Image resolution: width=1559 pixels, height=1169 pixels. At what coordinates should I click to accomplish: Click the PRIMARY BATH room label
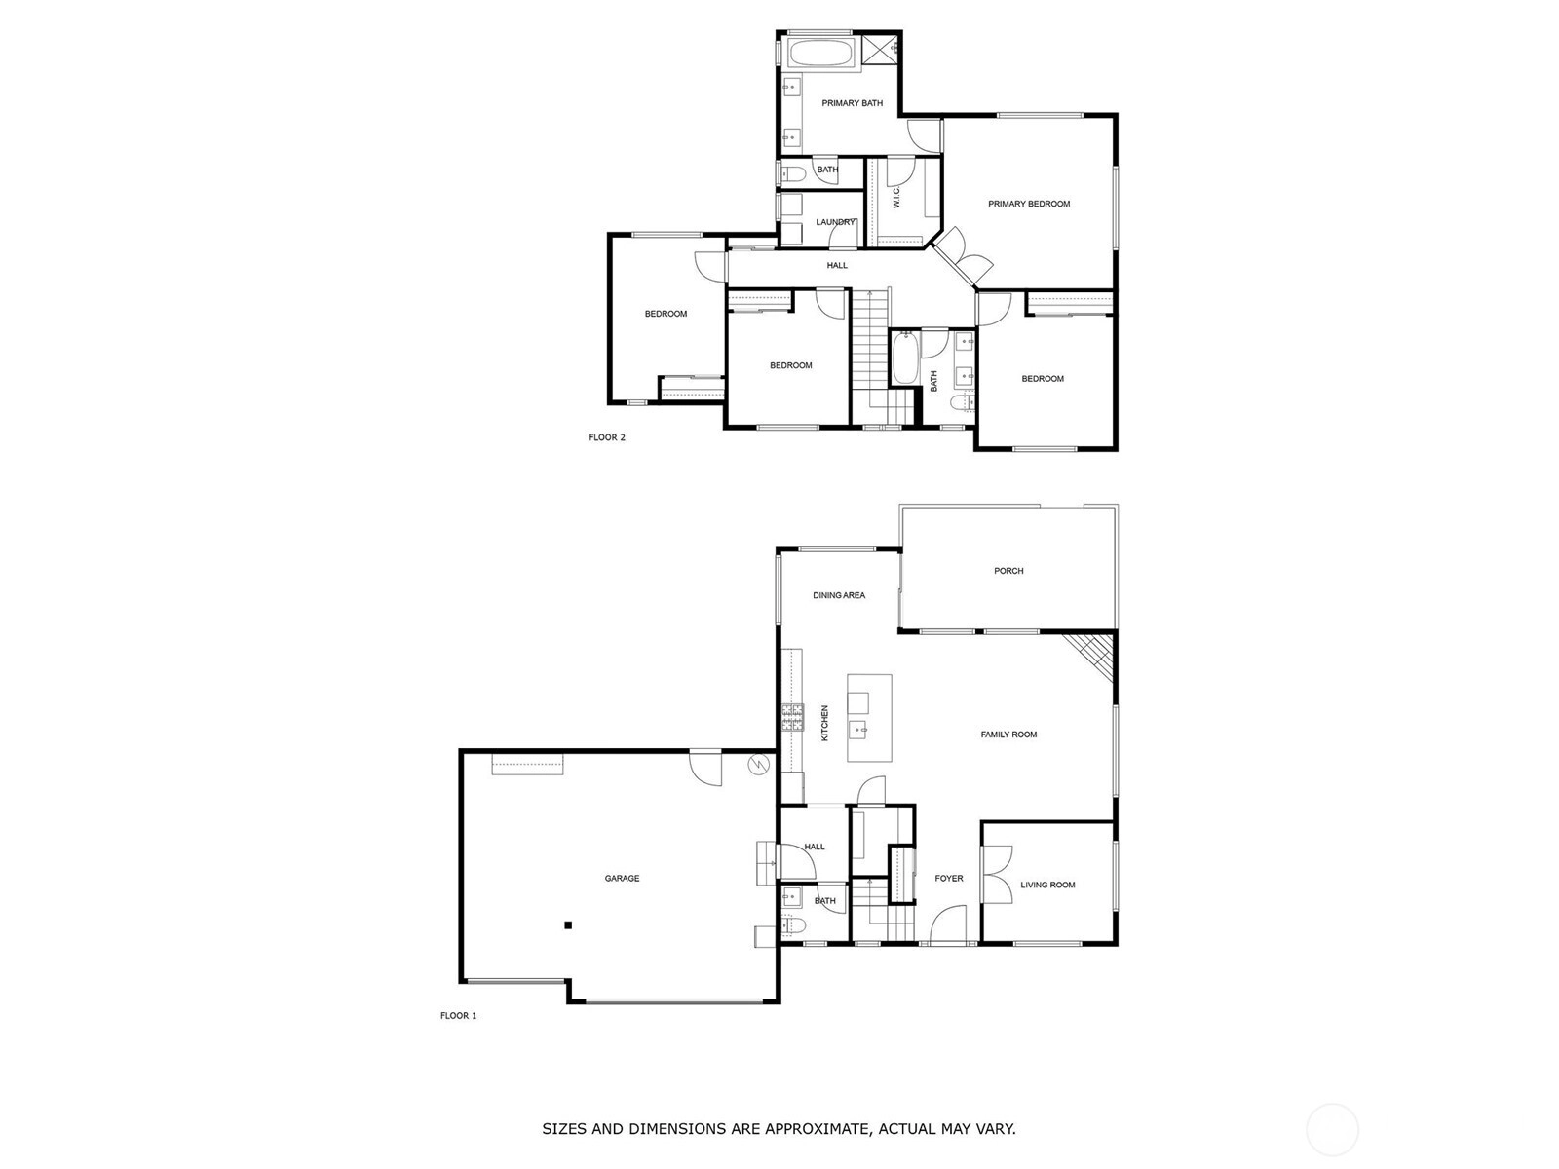point(852,103)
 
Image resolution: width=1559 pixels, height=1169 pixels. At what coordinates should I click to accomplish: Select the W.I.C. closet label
point(896,197)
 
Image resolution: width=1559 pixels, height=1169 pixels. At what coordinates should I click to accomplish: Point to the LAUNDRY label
point(835,222)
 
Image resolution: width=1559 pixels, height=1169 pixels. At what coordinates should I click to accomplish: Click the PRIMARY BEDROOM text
point(1028,204)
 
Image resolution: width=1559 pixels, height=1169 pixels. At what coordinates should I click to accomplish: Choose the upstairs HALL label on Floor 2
point(837,265)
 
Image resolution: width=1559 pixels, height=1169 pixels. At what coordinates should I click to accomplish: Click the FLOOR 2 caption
point(607,437)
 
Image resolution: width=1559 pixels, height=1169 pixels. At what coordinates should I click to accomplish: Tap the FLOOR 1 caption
point(458,1016)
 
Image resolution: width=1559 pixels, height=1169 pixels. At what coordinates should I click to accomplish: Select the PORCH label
point(1008,571)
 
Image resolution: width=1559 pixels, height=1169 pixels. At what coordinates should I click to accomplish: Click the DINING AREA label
point(839,595)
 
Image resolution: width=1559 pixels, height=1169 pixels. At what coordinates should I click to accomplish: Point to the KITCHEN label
point(824,723)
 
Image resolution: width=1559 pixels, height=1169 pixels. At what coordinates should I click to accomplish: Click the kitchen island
point(869,718)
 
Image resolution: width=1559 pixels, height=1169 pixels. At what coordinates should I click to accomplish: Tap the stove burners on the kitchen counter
point(792,718)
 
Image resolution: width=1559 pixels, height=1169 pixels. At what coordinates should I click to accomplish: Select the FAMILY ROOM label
point(1008,735)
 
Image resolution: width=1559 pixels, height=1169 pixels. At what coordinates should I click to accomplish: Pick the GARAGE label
point(622,878)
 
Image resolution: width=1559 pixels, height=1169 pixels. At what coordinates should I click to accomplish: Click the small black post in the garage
point(567,924)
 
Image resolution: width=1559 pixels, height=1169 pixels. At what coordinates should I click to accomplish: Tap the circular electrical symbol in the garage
point(759,764)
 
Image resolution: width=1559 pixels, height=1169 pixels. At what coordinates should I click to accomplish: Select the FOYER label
point(949,878)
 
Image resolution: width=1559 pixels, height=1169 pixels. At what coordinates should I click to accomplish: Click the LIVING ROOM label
point(1047,886)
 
